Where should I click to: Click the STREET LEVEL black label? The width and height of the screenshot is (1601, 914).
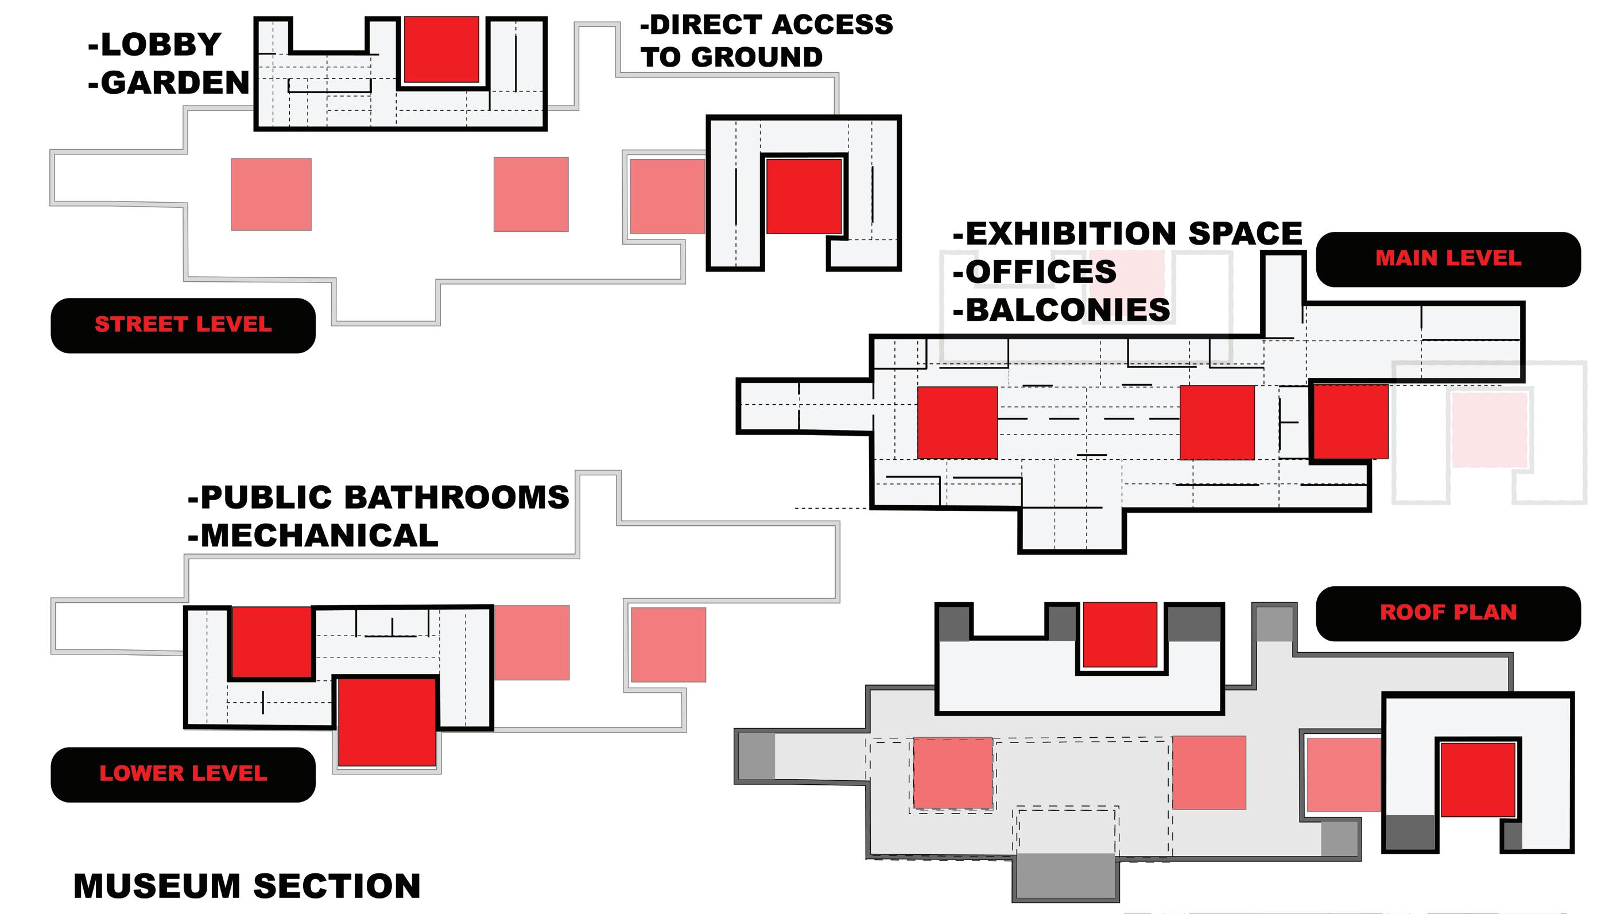pos(183,325)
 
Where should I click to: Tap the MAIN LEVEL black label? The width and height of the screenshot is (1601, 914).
pos(1448,258)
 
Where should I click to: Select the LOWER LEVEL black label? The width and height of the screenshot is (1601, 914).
pos(183,774)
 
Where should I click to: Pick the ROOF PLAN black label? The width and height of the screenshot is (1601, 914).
pos(1448,613)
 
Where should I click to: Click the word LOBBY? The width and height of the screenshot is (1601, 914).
pos(161,45)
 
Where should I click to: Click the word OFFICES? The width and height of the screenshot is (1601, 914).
pos(1041,272)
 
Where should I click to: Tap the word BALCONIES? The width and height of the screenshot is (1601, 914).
pos(1068,310)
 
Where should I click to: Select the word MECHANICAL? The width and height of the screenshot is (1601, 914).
pos(319,536)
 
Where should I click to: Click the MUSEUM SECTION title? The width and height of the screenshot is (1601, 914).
pos(247,886)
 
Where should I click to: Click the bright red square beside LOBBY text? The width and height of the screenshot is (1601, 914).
pos(441,49)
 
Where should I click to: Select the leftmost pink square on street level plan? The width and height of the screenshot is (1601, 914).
pos(271,194)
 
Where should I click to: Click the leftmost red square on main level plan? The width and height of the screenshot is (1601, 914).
pos(957,423)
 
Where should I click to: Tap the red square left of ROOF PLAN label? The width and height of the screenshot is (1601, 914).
pos(1119,634)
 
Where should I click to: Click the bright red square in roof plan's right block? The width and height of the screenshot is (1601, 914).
pos(1478,780)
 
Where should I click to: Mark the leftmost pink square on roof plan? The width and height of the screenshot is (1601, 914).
pos(952,773)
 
